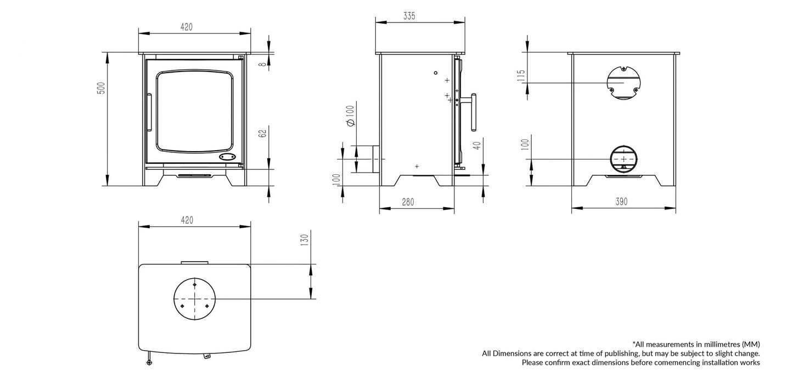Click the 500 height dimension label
pos(100,88)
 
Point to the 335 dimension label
pos(409,16)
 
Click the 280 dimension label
pos(408,202)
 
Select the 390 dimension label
pos(621,202)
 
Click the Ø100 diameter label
pos(350,115)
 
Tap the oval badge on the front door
pos(228,157)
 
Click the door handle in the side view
pos(473,113)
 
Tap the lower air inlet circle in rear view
pos(623,159)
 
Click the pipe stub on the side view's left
pos(376,159)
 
